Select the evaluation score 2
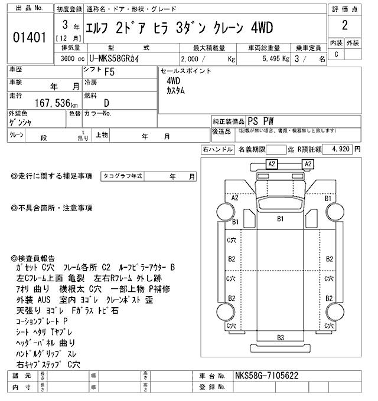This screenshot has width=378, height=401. coord(344,26)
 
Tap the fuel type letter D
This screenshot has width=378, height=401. coord(106,103)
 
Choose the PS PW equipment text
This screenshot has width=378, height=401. coord(260,120)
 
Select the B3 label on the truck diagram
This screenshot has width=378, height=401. coord(281,337)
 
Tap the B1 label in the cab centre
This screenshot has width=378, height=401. coord(281,219)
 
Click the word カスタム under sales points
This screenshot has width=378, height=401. coord(175,91)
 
